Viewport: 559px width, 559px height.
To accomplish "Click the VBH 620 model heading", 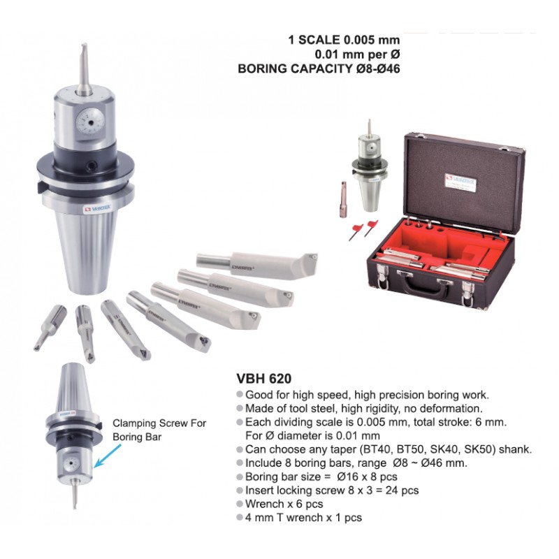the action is pos(264,378).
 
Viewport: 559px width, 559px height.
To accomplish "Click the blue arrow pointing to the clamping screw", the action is pos(107,457).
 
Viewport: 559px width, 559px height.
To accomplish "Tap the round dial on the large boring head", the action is pos(91,122).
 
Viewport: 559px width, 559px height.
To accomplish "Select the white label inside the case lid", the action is pos(460,182).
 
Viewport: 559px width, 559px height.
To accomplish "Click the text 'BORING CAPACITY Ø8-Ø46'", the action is pos(319,68).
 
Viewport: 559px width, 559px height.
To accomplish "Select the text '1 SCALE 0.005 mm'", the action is pos(344,40).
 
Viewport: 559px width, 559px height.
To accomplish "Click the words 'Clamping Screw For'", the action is pos(159,423).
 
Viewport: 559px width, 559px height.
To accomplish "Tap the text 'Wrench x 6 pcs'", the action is pos(284,504).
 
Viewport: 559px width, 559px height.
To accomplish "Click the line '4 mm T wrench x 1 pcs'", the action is pos(303,517).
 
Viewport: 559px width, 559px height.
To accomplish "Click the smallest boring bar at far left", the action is pos(50,327).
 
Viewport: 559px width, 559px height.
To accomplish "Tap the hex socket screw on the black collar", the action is pos(94,165).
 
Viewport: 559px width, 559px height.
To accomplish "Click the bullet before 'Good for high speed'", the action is pos(240,395).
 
